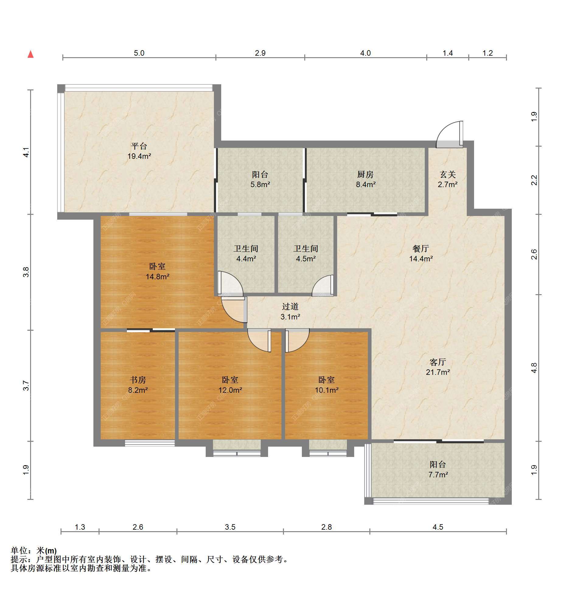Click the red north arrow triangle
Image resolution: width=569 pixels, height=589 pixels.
pos(30,54)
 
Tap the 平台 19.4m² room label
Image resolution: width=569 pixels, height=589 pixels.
pos(139,151)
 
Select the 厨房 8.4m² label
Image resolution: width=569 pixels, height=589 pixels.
pos(365,179)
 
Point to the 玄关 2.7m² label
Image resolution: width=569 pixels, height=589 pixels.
pos(448,179)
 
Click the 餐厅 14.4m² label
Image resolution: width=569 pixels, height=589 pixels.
pos(421,253)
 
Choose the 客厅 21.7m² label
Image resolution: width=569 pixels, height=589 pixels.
pos(438,367)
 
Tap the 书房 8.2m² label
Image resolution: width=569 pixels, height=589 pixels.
pos(138,385)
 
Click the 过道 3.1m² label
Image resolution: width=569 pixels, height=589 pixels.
pos(290,312)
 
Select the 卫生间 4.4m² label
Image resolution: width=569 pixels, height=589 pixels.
pos(246,253)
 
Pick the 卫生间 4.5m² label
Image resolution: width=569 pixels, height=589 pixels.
pos(306,253)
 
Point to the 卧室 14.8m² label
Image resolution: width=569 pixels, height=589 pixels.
pos(157,271)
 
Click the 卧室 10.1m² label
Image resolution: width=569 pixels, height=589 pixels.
pos(326,385)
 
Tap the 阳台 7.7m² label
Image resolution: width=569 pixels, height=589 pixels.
pos(438,469)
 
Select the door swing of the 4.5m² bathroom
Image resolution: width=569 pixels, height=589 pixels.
pos(323,285)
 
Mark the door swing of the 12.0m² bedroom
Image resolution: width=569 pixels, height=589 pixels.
pos(259,340)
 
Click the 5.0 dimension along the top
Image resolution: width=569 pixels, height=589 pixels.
pos(139,53)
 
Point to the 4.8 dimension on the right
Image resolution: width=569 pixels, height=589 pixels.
pos(534,368)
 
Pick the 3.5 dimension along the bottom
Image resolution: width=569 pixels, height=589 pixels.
pos(230,527)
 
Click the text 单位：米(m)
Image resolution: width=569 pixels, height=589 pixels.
pos(34,551)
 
